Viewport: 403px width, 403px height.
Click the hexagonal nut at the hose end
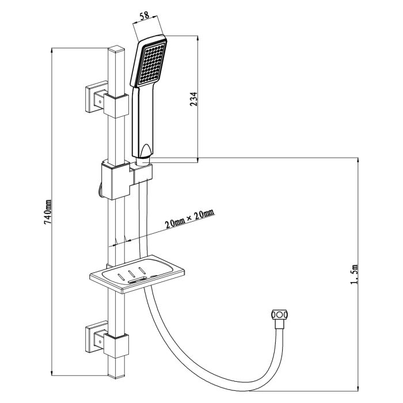click(x=279, y=316)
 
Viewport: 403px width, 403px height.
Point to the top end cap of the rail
click(x=117, y=51)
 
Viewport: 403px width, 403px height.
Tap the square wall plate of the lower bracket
click(x=94, y=336)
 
